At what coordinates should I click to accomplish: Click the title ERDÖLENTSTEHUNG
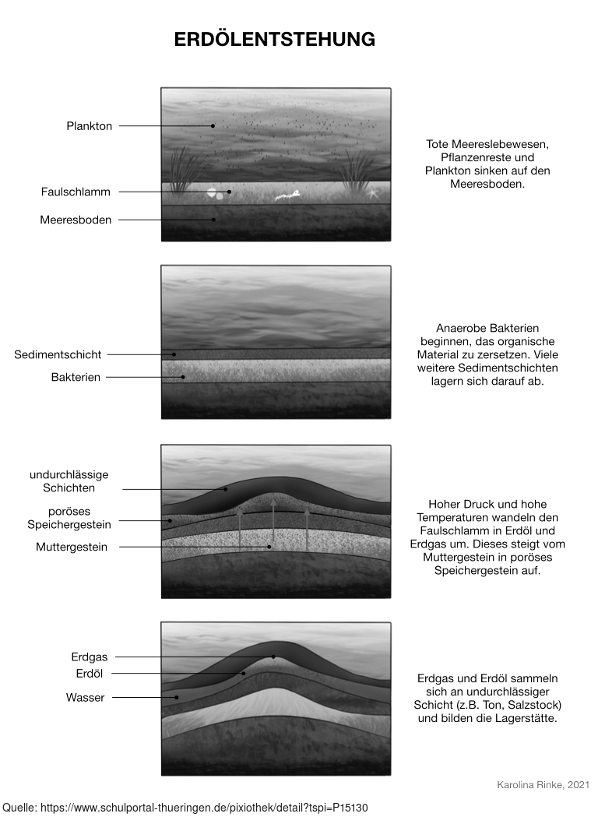pyautogui.click(x=274, y=39)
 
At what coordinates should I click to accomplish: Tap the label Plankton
pyautogui.click(x=89, y=126)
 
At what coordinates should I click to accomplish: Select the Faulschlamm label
pyautogui.click(x=76, y=192)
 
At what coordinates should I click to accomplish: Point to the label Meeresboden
pyautogui.click(x=76, y=220)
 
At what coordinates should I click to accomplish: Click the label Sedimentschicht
pyautogui.click(x=58, y=354)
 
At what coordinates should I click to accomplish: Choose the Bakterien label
pyautogui.click(x=76, y=377)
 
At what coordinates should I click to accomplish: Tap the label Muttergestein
pyautogui.click(x=72, y=547)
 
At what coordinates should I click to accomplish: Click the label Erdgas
pyautogui.click(x=89, y=657)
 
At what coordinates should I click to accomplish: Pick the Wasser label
pyautogui.click(x=85, y=698)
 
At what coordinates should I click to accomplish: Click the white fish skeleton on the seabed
pyautogui.click(x=287, y=196)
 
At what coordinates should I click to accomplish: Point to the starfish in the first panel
pyautogui.click(x=372, y=192)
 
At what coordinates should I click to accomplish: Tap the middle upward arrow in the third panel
pyautogui.click(x=273, y=526)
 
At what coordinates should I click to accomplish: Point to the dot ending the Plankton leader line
pyautogui.click(x=213, y=126)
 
